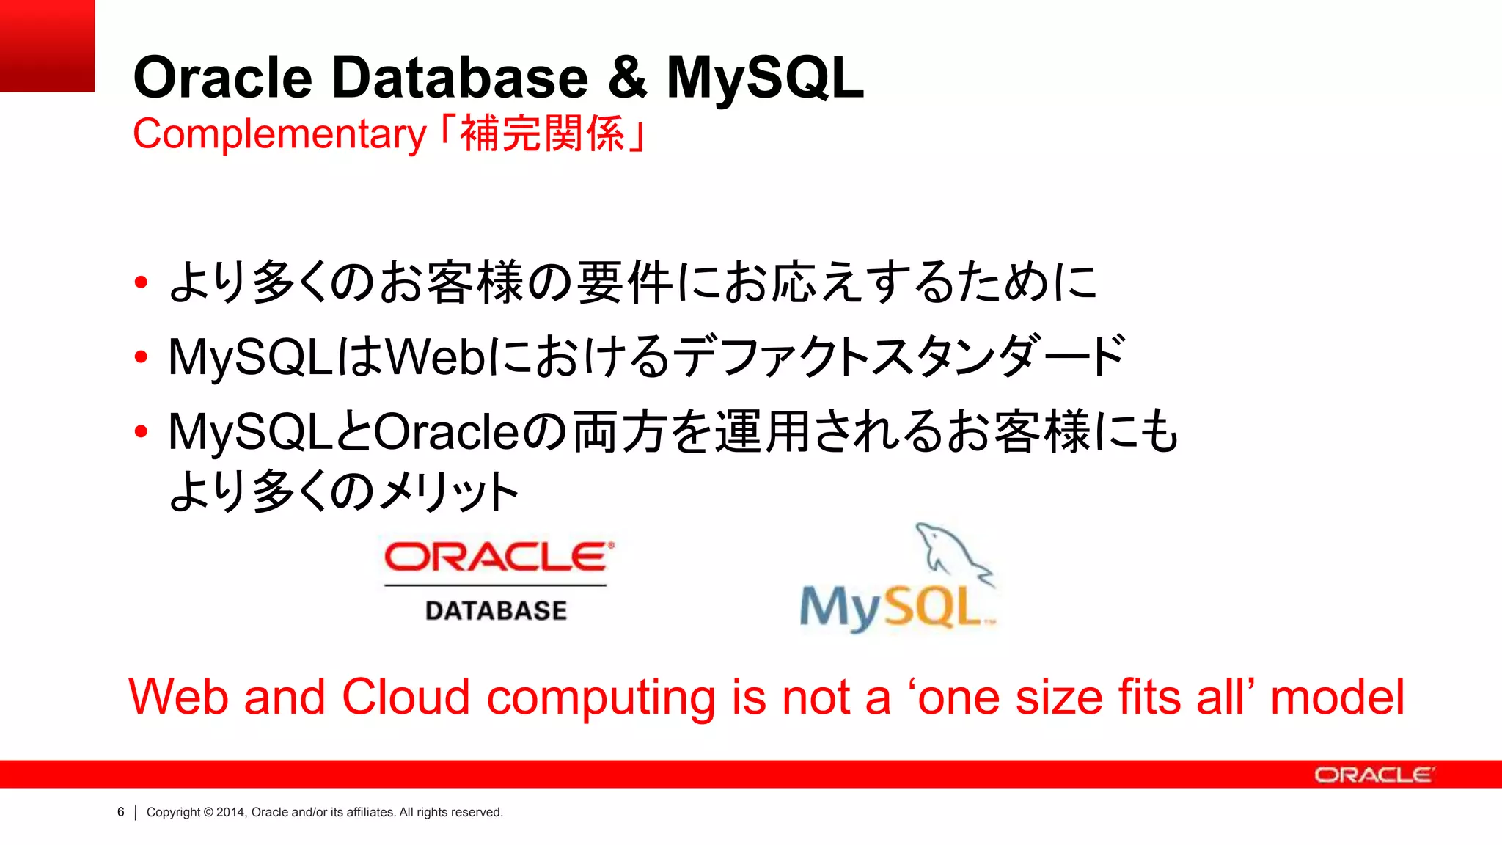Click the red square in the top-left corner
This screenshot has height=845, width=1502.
[x=47, y=45]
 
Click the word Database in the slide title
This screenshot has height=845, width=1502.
[x=460, y=78]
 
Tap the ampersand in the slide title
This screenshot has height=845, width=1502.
[x=627, y=78]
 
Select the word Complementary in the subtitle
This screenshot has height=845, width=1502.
[x=279, y=134]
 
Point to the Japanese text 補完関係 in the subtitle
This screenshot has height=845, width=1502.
[x=542, y=134]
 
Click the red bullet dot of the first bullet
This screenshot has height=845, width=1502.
[x=142, y=282]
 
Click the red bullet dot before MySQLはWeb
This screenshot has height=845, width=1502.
[x=142, y=357]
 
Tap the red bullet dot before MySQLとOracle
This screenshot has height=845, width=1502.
[x=142, y=432]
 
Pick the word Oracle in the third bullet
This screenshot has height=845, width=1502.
[x=447, y=432]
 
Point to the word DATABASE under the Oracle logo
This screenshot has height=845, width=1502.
[x=496, y=610]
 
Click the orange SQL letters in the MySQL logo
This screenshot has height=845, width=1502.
[x=931, y=607]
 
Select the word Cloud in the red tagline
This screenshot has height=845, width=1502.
[x=406, y=697]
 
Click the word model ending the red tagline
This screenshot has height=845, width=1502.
[x=1337, y=697]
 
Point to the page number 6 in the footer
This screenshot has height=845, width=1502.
[x=121, y=812]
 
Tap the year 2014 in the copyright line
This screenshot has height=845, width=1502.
[x=230, y=812]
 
